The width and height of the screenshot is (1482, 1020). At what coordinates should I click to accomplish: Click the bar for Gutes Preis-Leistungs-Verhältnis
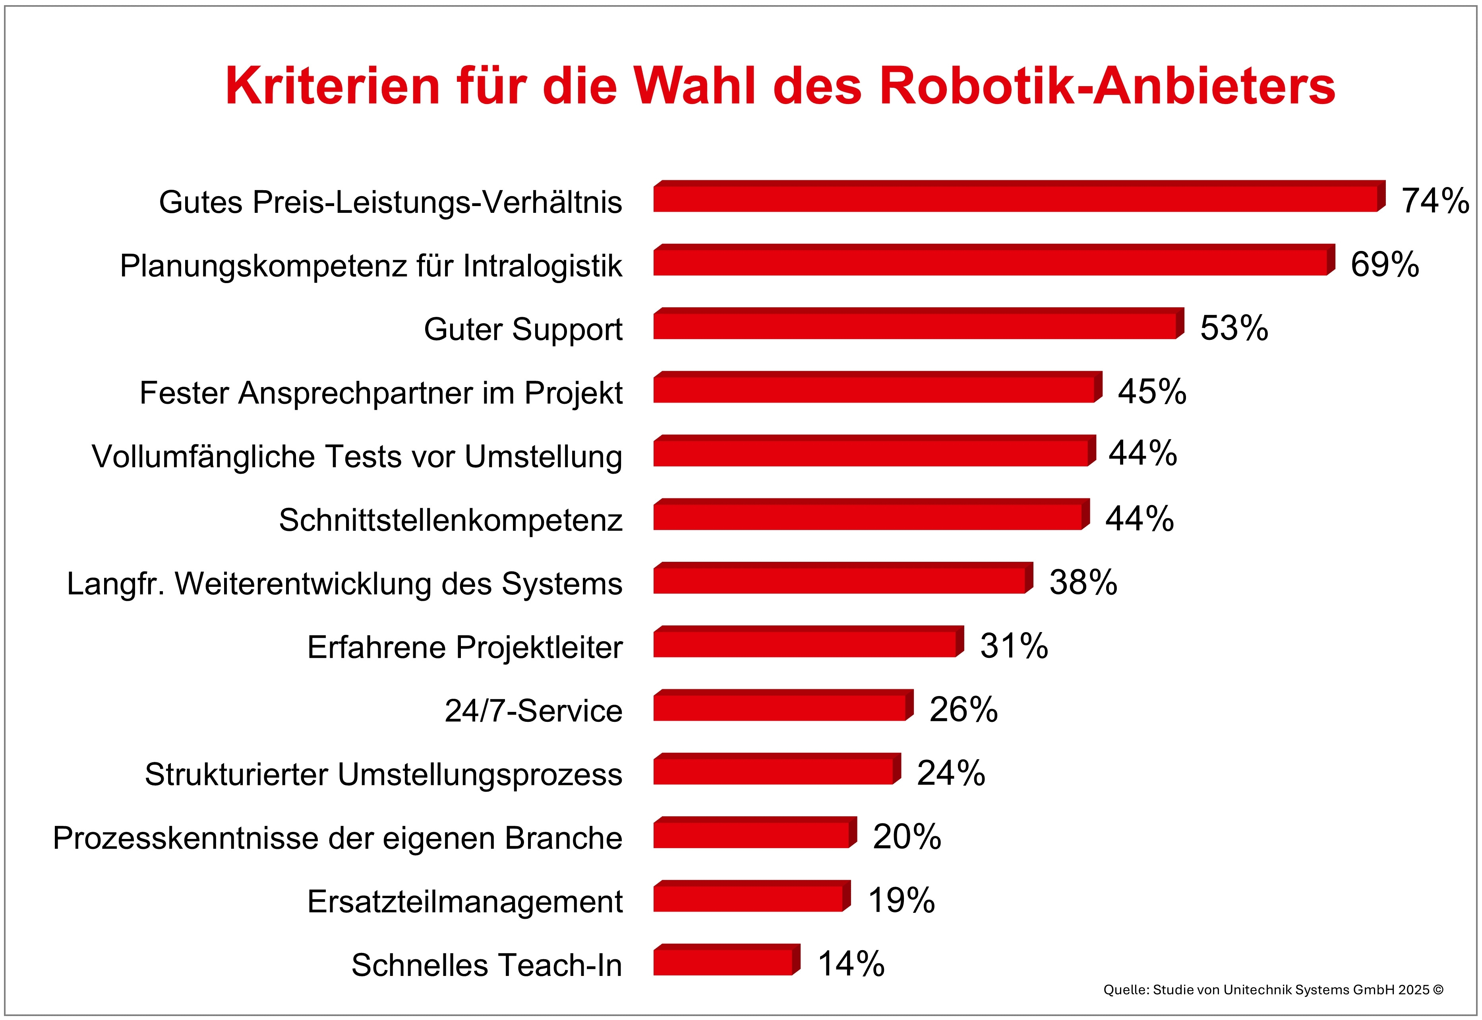tap(1017, 198)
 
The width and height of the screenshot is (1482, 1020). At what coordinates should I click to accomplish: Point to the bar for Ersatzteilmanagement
tap(749, 898)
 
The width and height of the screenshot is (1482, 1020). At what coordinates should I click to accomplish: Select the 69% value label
tap(1384, 264)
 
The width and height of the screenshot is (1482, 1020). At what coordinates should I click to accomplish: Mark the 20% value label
tap(907, 837)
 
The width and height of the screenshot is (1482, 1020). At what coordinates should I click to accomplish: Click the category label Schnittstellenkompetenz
tap(450, 520)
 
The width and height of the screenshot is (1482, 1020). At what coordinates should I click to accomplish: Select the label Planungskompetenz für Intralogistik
tap(371, 266)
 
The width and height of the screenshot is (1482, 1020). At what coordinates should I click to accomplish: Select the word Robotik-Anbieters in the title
tap(1107, 86)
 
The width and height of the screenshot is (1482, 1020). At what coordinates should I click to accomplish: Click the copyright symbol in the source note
tap(1438, 990)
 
